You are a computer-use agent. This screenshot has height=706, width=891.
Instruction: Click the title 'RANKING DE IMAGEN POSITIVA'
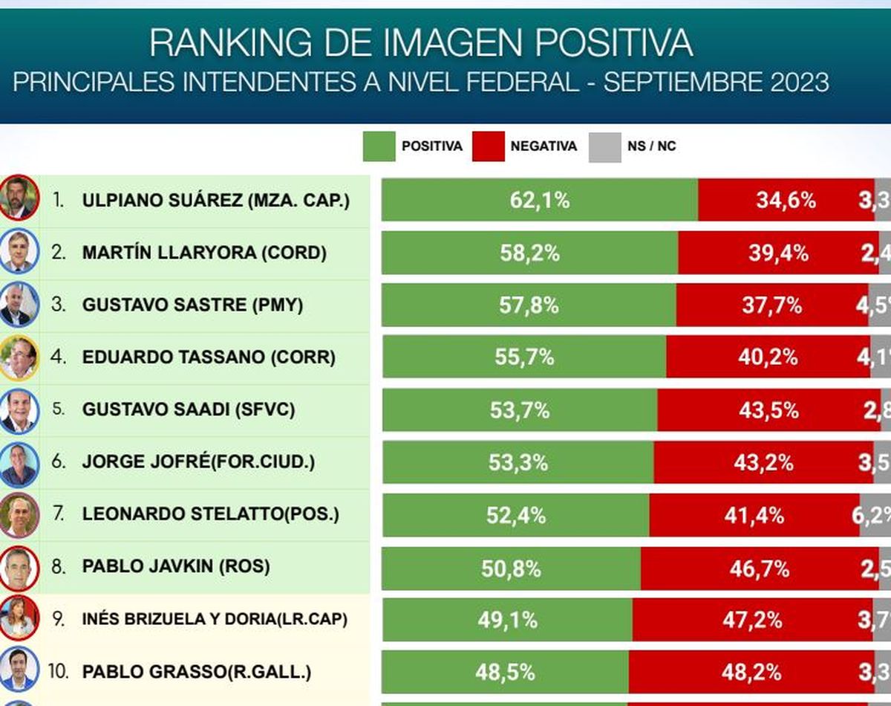[x=421, y=43]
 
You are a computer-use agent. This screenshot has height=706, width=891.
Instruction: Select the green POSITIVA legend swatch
[x=379, y=146]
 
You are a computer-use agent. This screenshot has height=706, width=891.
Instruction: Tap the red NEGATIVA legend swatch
[x=488, y=146]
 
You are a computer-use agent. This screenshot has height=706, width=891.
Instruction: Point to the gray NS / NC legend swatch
[x=604, y=146]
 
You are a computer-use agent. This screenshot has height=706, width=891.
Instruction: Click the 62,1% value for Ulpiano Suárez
[x=540, y=200]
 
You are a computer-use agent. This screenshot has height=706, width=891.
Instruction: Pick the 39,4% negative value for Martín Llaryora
[x=778, y=253]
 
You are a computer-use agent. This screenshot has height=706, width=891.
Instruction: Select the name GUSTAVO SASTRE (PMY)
[x=192, y=305]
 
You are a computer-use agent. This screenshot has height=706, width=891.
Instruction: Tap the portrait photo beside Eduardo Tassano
[x=19, y=358]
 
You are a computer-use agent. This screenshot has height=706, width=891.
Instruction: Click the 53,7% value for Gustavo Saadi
[x=520, y=410]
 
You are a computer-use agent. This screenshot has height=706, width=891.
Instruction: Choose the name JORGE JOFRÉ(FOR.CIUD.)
[x=198, y=462]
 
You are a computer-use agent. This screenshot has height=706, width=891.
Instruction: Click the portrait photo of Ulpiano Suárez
[x=19, y=198]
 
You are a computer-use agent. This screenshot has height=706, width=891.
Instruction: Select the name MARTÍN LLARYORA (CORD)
[x=204, y=253]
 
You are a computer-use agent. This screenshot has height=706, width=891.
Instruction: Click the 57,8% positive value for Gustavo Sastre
[x=528, y=305]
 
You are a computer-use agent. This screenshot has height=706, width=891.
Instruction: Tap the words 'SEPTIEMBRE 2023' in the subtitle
[x=716, y=82]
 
